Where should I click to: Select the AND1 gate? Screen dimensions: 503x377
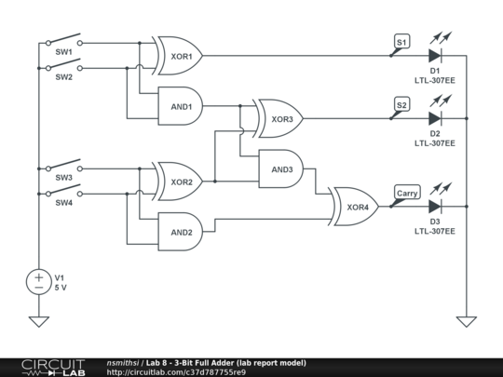coord(181,106)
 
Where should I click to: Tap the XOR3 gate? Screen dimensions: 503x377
coord(279,118)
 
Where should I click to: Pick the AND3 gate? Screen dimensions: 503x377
coord(281,168)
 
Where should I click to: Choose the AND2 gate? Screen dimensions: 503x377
coord(181,232)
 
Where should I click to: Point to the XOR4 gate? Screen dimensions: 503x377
coord(355,207)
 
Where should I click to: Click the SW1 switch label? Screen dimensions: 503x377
coord(64,52)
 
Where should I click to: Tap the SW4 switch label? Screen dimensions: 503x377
coord(64,203)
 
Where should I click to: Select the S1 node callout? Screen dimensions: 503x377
coord(401,42)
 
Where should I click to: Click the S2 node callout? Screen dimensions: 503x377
coord(401,104)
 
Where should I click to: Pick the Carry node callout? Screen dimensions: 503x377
coord(407,193)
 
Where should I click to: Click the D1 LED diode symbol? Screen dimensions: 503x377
coord(435,56)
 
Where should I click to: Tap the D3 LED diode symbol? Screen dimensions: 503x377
coord(435,207)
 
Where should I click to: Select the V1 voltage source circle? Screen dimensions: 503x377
coord(39,282)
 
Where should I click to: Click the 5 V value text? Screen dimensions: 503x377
coord(61,288)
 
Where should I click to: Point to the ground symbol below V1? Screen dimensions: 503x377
coord(39,321)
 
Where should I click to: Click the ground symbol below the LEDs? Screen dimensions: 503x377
coord(467,321)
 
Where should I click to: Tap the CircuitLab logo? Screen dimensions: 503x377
coord(53,368)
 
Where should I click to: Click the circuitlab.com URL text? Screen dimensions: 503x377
coord(176,372)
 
